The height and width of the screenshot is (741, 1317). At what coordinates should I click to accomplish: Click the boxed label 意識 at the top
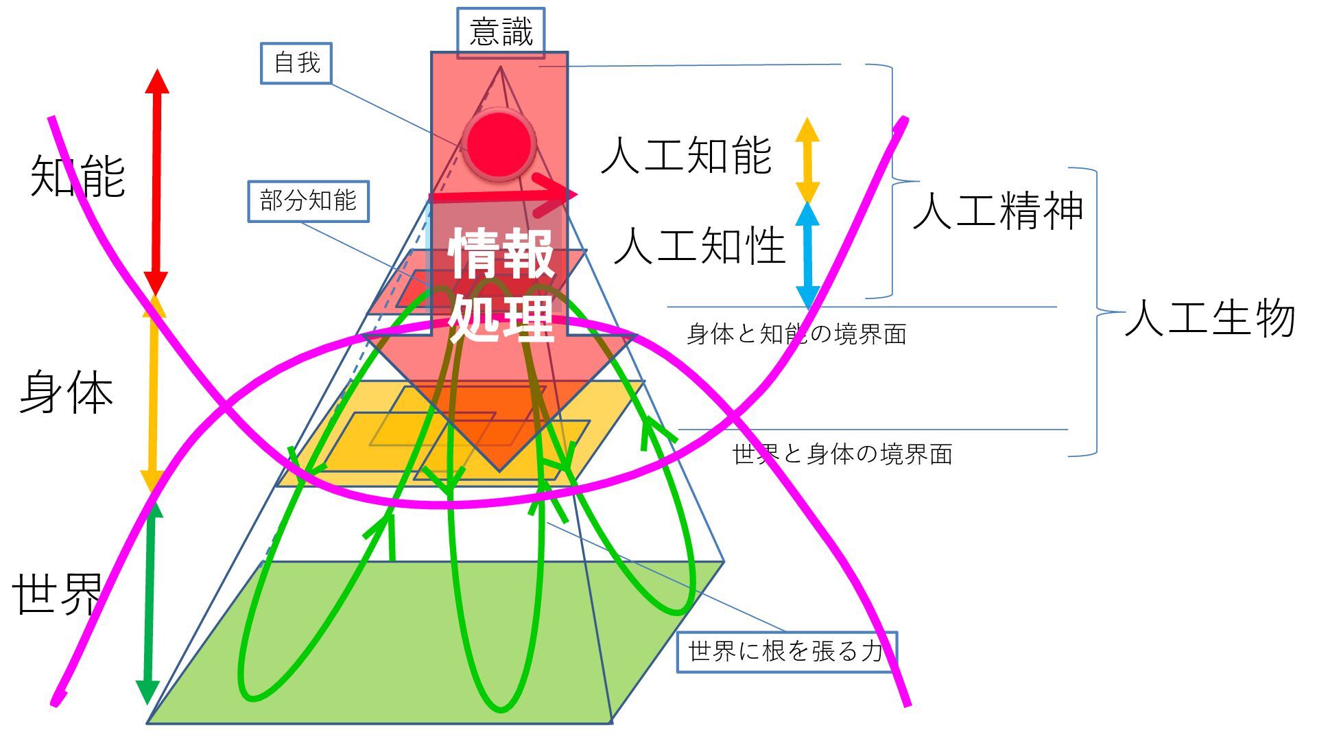tap(501, 32)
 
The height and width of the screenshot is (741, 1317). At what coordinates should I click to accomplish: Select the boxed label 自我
tap(296, 63)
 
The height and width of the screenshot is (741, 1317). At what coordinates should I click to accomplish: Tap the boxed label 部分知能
tap(308, 201)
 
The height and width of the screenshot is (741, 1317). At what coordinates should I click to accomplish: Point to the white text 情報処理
tap(501, 285)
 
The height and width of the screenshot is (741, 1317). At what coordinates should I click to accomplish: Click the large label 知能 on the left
tap(78, 176)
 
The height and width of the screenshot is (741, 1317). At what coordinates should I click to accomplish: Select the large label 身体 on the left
tap(67, 393)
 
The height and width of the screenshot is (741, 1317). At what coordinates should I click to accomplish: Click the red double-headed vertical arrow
tap(156, 182)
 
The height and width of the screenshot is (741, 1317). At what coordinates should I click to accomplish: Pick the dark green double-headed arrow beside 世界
tap(149, 604)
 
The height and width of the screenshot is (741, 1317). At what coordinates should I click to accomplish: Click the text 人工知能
tap(687, 156)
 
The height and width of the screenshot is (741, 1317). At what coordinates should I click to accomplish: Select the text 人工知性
tap(700, 246)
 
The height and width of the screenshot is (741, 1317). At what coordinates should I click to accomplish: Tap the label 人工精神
tap(998, 211)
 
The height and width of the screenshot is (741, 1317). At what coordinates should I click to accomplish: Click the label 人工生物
tap(1210, 318)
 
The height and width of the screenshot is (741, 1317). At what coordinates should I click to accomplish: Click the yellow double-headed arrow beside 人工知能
tap(807, 160)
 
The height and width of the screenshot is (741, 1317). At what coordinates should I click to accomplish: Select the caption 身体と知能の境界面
tap(796, 334)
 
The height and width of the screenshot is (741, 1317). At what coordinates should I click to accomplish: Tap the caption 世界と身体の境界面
tap(842, 454)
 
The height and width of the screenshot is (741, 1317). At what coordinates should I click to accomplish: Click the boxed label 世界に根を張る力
tap(786, 651)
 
